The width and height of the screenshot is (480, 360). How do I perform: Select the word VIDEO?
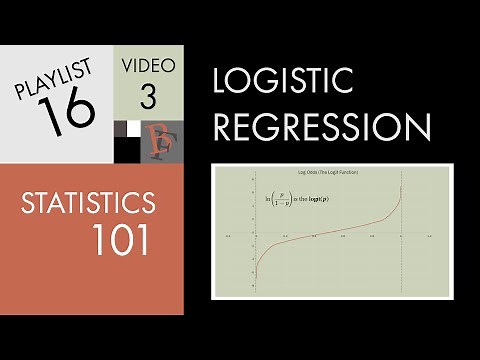151,67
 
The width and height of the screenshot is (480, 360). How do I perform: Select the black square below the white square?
133,139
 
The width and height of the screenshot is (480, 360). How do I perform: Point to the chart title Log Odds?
328,172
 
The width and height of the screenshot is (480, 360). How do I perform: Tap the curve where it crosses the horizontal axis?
328,236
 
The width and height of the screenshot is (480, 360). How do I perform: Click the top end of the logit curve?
402,188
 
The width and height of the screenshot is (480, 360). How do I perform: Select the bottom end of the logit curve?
256,287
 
